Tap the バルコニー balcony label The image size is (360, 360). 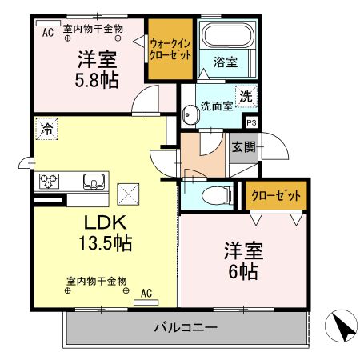tap(185, 327)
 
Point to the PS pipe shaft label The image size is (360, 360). tap(251, 122)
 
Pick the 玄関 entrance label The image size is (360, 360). tap(243, 147)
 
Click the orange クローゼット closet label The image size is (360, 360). tap(276, 195)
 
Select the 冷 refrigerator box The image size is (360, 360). tap(47, 128)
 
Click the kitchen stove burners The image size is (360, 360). tap(48, 179)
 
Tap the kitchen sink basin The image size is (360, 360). tap(95, 181)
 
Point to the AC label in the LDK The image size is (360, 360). tap(146, 294)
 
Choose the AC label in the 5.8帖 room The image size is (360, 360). tap(48, 32)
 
